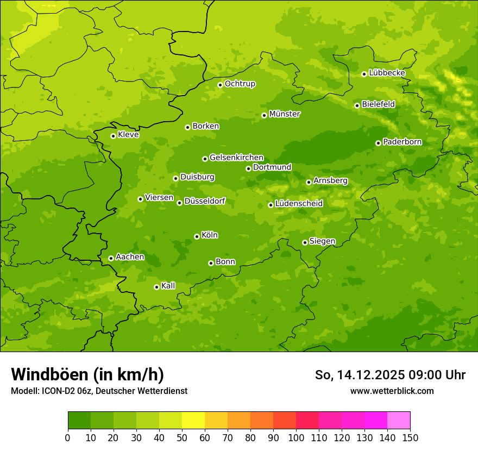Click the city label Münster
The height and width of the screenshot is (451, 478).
[285, 114]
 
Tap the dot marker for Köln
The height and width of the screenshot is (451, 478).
[197, 236]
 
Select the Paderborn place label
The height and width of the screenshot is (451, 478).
[402, 142]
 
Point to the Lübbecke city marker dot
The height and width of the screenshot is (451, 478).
[364, 74]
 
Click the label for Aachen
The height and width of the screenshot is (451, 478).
[130, 257]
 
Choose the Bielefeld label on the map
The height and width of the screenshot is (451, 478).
[378, 104]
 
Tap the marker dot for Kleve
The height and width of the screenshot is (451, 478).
[113, 136]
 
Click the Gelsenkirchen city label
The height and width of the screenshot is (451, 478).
[236, 158]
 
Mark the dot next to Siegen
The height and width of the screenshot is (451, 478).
[305, 242]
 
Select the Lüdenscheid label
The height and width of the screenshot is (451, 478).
[299, 204]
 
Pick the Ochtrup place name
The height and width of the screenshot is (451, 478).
[240, 84]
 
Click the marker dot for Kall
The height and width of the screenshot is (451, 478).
[156, 287]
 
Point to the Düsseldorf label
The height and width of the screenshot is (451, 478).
[205, 202]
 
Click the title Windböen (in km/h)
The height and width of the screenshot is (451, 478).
[87, 375]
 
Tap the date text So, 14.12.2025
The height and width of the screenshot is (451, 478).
[361, 375]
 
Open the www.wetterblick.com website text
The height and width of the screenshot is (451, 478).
[392, 391]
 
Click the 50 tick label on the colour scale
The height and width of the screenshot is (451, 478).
[182, 437]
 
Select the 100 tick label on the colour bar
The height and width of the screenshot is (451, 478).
[296, 437]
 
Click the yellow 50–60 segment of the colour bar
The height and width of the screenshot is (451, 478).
[193, 421]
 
